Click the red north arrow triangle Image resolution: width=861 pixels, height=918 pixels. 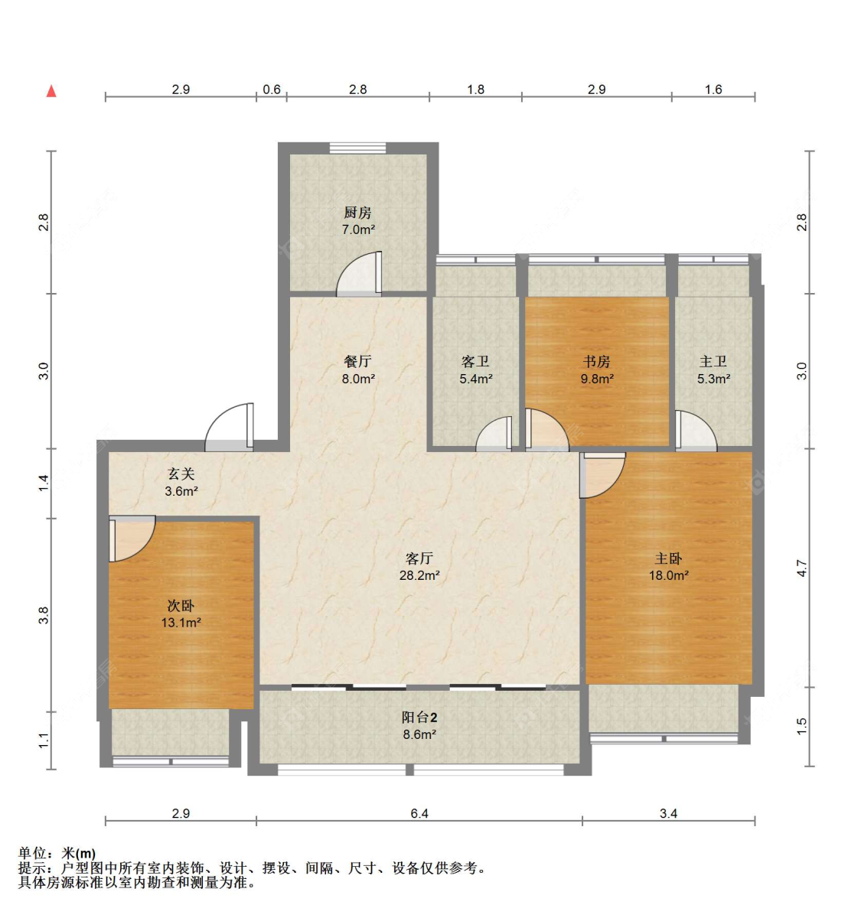tap(51, 92)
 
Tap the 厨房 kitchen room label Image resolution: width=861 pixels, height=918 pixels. tap(357, 213)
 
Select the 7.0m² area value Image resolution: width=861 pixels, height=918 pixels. tap(358, 229)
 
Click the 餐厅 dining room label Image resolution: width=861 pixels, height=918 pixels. tap(357, 361)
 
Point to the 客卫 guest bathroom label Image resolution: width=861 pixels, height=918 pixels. tap(475, 361)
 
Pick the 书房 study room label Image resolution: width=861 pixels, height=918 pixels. tap(596, 361)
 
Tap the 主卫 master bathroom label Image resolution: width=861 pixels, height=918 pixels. tap(713, 361)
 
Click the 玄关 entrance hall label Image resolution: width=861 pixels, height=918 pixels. tap(181, 474)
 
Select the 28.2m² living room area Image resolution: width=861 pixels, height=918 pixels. tap(419, 575)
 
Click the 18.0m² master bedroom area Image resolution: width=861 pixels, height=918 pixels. tap(669, 575)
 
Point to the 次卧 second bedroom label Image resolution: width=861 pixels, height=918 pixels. tap(181, 606)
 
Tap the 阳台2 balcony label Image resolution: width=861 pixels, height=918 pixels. tap(419, 718)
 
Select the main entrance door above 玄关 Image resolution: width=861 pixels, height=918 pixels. tap(230, 427)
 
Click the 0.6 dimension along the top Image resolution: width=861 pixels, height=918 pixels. tap(272, 90)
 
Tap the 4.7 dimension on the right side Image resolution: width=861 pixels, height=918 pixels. tap(801, 568)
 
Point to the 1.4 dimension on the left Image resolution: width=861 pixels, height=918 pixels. tap(43, 483)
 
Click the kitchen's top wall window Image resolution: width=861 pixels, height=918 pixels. tap(357, 148)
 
